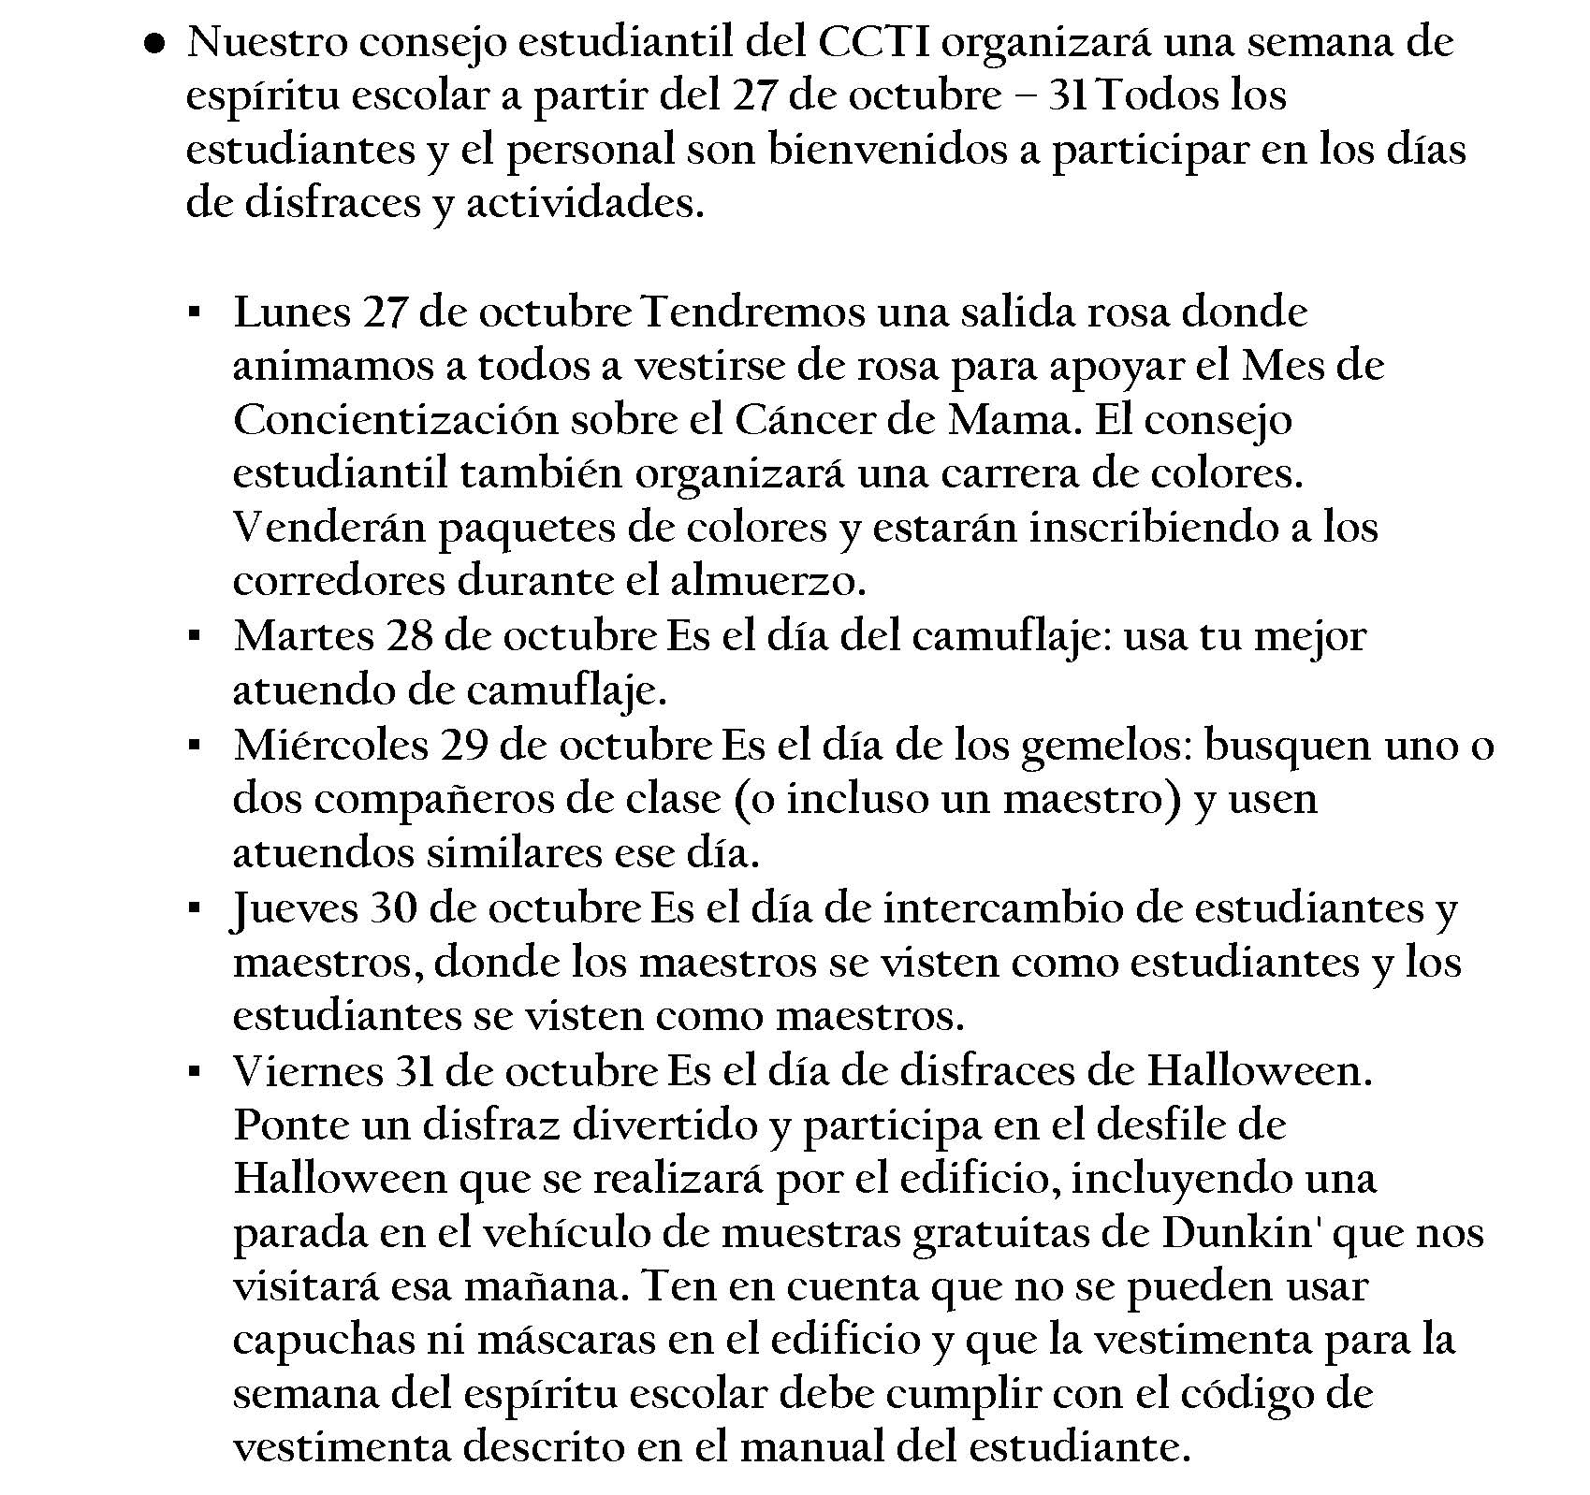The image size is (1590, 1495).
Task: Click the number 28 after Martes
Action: pyautogui.click(x=409, y=637)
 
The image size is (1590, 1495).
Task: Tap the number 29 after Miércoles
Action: pyautogui.click(x=464, y=746)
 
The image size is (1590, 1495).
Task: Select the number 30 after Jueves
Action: pyautogui.click(x=394, y=908)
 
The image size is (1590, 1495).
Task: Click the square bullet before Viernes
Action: pyautogui.click(x=194, y=1071)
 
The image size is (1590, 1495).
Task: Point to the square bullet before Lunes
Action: pyautogui.click(x=194, y=312)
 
